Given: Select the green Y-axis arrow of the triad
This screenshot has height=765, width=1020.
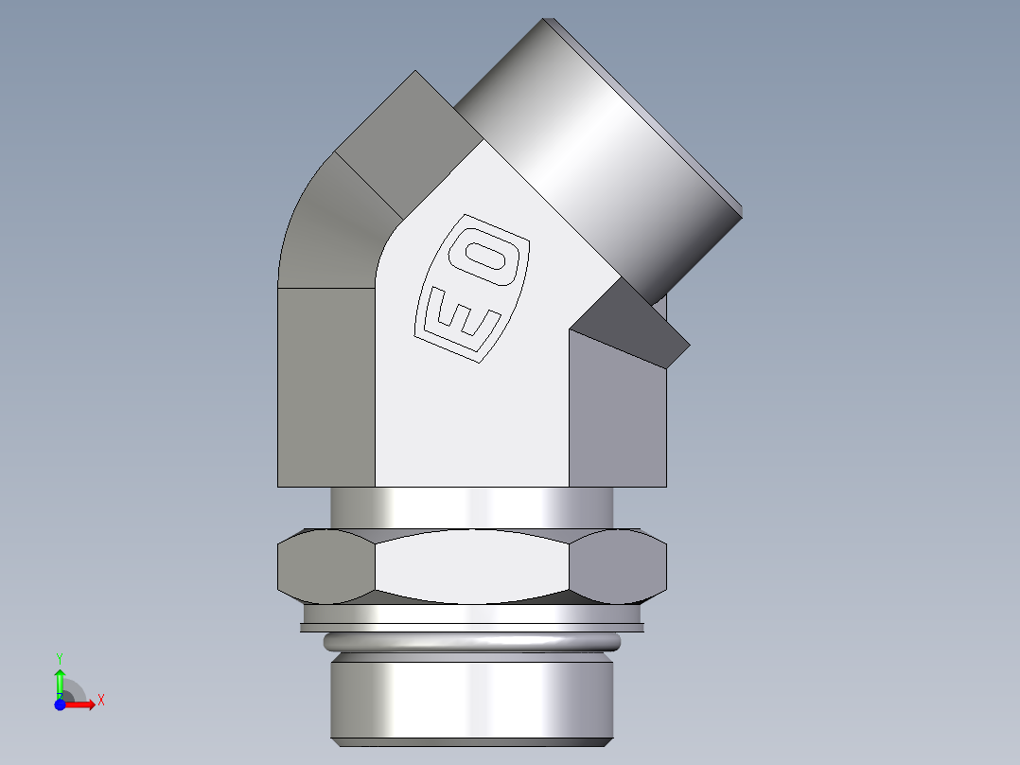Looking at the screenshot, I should pos(60,680).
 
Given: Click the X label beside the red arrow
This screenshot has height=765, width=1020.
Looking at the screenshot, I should pos(100,701).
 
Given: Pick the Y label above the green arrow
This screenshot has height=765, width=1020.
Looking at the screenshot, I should pos(60,656).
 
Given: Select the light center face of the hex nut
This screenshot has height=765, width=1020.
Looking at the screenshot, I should pos(473,566).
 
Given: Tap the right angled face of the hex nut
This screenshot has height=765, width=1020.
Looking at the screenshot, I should pos(620,566).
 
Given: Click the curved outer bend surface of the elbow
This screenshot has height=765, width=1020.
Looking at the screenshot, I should pos(331,237).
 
